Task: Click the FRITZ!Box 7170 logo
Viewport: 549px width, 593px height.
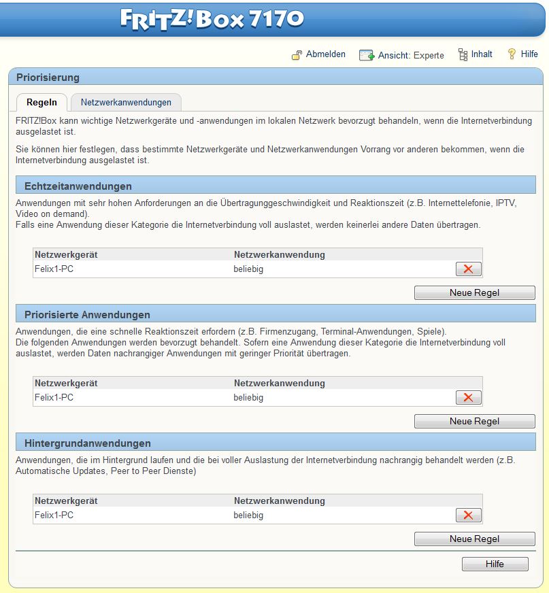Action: click(212, 18)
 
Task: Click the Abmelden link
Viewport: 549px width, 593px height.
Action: click(325, 54)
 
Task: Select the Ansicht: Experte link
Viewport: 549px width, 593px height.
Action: click(410, 55)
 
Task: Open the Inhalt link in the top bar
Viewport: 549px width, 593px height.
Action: click(481, 54)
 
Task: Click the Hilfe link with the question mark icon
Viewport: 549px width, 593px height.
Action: click(529, 54)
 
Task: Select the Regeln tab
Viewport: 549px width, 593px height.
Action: click(41, 103)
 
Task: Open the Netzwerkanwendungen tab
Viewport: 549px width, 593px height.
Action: click(126, 103)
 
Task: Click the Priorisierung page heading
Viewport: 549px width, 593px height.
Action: click(48, 78)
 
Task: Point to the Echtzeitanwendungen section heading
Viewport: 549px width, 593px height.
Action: click(78, 186)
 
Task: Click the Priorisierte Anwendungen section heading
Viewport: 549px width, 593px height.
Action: click(87, 315)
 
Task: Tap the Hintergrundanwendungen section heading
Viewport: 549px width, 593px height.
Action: click(88, 443)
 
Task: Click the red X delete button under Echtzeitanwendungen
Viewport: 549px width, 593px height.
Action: click(468, 269)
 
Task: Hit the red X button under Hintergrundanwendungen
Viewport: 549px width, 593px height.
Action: click(468, 515)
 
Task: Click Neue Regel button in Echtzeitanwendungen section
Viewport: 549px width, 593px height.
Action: click(474, 292)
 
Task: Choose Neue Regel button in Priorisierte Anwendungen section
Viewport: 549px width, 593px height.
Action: click(474, 421)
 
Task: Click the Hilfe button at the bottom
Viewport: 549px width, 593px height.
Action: click(495, 564)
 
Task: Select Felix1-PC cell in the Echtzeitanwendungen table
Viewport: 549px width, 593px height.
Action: click(54, 269)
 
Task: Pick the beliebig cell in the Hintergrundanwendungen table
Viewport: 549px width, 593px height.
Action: click(248, 515)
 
